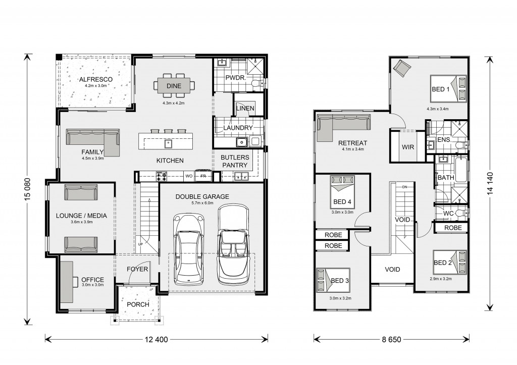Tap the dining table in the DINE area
click(174, 86)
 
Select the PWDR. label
click(234, 78)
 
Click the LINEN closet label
click(245, 108)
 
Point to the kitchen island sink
click(168, 144)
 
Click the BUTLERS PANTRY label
click(235, 161)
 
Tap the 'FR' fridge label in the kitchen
click(203, 176)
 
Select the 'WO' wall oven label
click(189, 176)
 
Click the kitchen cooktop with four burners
click(161, 176)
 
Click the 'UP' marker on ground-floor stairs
click(140, 244)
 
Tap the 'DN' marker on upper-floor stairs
click(404, 187)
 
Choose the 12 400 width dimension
click(156, 339)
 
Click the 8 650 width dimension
click(391, 339)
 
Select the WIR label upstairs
click(408, 147)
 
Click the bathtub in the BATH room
click(461, 170)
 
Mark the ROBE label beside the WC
click(453, 228)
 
